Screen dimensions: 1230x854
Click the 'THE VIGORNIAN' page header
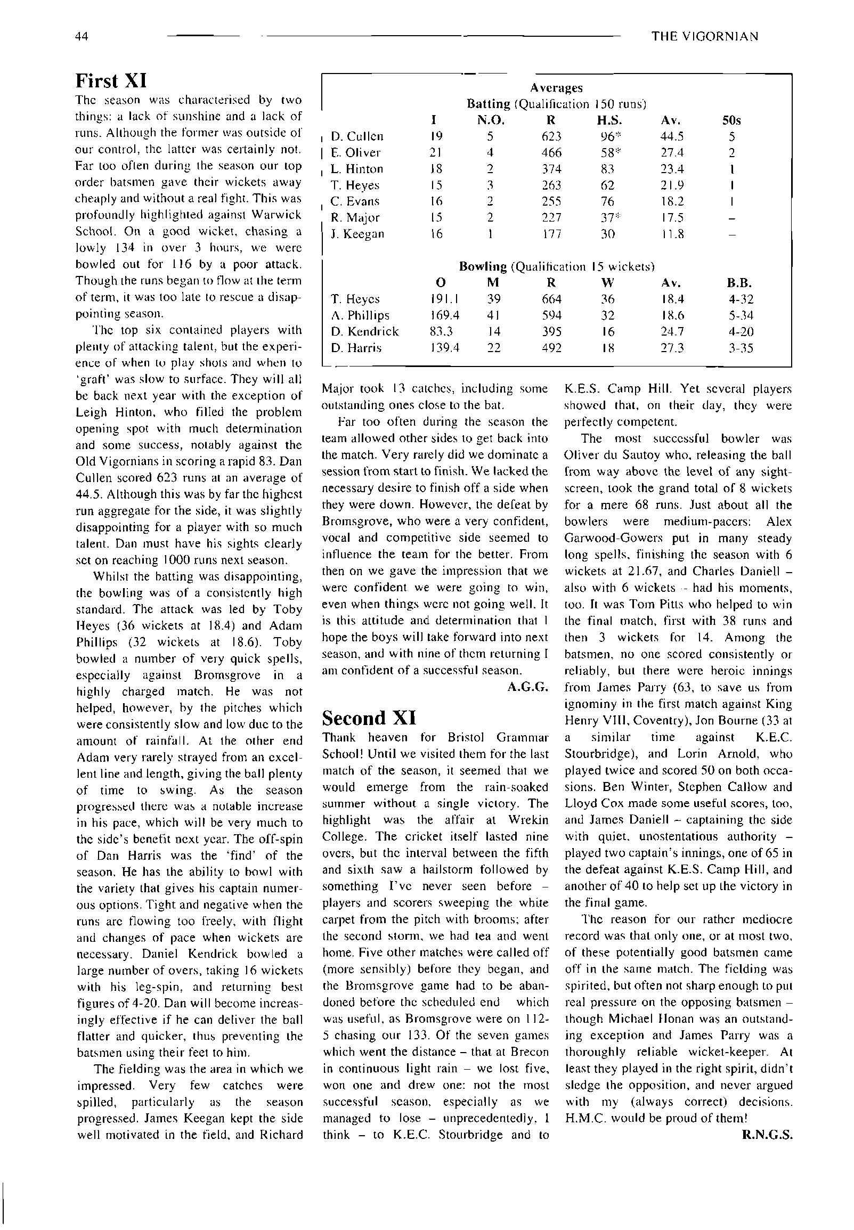[705, 36]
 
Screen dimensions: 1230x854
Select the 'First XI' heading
[111, 81]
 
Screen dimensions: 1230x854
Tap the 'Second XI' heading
[369, 718]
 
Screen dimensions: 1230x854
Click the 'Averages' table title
[556, 88]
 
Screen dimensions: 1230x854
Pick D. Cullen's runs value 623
[551, 136]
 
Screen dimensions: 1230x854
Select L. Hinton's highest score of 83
[607, 169]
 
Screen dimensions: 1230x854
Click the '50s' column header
[731, 120]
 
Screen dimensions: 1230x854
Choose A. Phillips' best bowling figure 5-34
[741, 316]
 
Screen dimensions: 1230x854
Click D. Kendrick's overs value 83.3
[442, 332]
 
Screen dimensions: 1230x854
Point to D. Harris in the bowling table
[356, 348]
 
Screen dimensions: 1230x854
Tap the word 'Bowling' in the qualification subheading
[483, 266]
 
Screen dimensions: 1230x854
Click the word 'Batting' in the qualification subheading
[488, 104]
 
